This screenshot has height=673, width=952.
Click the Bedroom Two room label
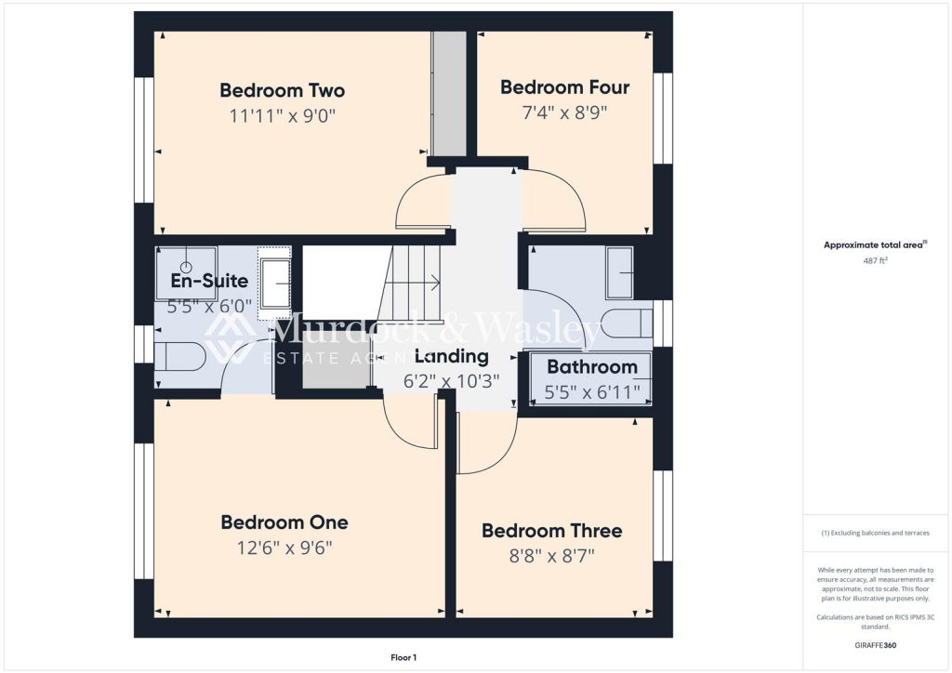282,90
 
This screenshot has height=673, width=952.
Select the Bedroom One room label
284,522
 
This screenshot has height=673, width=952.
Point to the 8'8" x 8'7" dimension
551,556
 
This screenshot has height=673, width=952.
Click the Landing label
451,356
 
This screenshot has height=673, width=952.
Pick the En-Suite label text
209,280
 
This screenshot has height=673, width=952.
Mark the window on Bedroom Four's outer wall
662,118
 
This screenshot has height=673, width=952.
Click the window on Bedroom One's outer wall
144,510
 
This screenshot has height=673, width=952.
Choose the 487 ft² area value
876,261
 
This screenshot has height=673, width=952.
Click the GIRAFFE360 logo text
876,644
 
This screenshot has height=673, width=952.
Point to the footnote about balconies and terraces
876,533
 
